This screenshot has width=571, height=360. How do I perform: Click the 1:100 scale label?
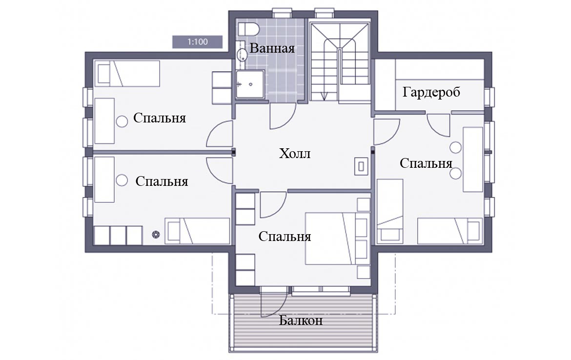pyautogui.click(x=197, y=42)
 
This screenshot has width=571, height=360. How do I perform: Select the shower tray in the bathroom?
pyautogui.click(x=250, y=84)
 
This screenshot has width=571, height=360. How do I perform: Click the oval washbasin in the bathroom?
pyautogui.click(x=242, y=55)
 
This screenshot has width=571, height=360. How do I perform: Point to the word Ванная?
pyautogui.click(x=272, y=48)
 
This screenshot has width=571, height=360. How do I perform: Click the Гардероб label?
pyautogui.click(x=431, y=92)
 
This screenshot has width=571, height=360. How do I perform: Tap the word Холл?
pyautogui.click(x=295, y=154)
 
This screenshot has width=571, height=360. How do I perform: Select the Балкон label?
pyautogui.click(x=301, y=320)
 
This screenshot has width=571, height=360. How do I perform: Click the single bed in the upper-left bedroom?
pyautogui.click(x=127, y=74)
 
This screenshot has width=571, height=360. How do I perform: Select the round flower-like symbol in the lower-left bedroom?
pyautogui.click(x=156, y=235)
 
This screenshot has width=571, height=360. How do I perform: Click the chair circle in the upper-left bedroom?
pyautogui.click(x=122, y=121)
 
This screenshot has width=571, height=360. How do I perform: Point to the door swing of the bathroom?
pyautogui.click(x=283, y=117)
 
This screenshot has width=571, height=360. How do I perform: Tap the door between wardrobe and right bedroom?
pyautogui.click(x=439, y=125)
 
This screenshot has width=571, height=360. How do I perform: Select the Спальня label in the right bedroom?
pyautogui.click(x=426, y=163)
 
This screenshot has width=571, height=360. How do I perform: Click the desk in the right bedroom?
pyautogui.click(x=473, y=159)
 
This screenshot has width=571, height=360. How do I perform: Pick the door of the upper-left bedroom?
pyautogui.click(x=219, y=134)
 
